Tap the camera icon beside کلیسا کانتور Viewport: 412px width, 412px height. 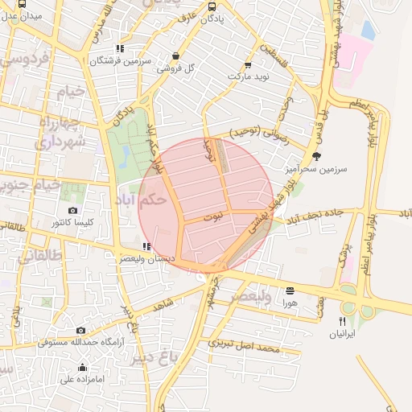pyautogui.click(x=73, y=211)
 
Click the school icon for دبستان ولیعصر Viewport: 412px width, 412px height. pyautogui.click(x=146, y=246)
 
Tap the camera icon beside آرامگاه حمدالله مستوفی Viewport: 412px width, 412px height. pyautogui.click(x=80, y=330)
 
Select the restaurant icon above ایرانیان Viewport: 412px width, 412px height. pyautogui.click(x=343, y=321)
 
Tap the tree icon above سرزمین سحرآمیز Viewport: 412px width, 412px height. pyautogui.click(x=315, y=157)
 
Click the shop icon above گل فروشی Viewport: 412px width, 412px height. pyautogui.click(x=175, y=56)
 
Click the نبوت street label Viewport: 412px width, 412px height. pyautogui.click(x=214, y=217)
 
